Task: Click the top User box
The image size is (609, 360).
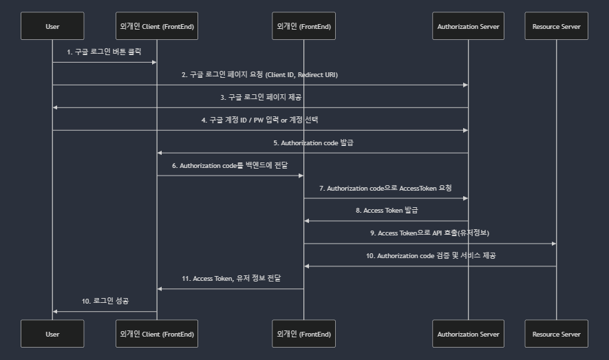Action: point(52,27)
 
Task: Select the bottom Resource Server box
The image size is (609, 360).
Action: point(556,334)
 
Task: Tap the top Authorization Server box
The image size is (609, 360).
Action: point(468,27)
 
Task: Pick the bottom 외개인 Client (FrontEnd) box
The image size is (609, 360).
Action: point(157,334)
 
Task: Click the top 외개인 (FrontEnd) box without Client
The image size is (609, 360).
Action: point(303,27)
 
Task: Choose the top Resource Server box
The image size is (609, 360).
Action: point(556,27)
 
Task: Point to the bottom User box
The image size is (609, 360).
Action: point(52,334)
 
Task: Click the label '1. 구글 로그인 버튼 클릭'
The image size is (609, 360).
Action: point(105,52)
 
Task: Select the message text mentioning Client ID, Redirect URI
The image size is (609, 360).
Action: point(260,74)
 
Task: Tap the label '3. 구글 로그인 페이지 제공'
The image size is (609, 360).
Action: point(260,97)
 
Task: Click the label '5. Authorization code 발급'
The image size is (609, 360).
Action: point(313,142)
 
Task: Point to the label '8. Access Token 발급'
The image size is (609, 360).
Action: point(386,210)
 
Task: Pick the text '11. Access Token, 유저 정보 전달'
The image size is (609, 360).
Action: point(231,278)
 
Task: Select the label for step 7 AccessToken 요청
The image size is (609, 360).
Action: point(386,188)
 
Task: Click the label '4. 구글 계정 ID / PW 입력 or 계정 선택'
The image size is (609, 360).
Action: point(260,120)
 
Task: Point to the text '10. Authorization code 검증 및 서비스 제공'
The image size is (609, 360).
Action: point(430,255)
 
